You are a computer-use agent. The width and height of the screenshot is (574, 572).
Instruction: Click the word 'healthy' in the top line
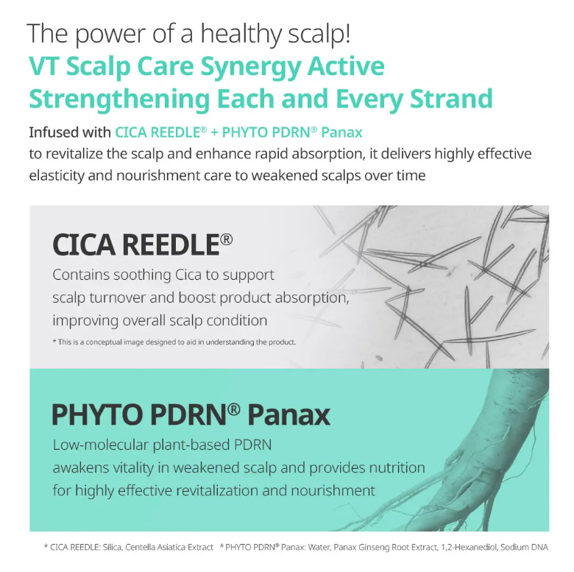241,34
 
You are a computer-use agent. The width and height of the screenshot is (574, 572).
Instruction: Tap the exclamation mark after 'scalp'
347,33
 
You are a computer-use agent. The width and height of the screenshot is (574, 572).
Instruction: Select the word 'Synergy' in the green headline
251,68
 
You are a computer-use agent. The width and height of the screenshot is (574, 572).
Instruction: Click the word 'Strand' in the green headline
451,99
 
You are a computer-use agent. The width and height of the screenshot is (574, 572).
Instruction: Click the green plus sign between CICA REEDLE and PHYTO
214,133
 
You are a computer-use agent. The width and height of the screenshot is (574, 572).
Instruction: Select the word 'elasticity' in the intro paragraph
57,176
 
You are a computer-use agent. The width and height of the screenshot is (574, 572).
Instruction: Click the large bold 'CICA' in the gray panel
84,244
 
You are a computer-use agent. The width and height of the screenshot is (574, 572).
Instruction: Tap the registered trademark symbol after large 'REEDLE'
226,239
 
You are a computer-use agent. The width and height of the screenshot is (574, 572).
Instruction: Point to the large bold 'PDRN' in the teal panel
188,415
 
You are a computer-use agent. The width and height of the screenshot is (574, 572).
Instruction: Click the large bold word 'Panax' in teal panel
288,415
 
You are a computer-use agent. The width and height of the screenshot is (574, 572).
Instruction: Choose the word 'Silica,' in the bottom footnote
113,548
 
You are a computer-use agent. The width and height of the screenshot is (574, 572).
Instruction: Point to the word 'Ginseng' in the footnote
373,548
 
